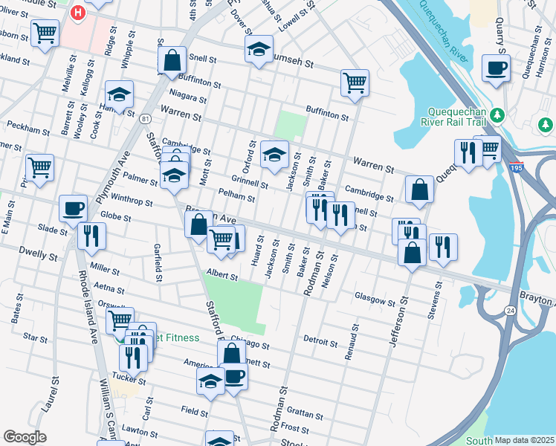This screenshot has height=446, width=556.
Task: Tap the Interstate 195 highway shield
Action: pos(516,167)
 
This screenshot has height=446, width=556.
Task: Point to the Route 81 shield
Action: pos(145,119)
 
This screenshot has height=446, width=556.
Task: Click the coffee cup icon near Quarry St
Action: pos(496,68)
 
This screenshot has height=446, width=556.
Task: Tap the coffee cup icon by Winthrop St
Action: pos(73,208)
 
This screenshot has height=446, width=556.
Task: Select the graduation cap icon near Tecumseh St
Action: pos(258,50)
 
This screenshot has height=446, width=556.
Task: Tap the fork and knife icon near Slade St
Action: pos(91,236)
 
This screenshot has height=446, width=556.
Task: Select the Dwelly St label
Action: pos(38,255)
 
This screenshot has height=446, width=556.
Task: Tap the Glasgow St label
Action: pos(375,302)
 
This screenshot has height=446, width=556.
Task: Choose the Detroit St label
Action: pos(320,340)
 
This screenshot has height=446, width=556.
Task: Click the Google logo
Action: pos(25,437)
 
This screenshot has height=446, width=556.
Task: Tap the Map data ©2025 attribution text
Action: pos(523,440)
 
